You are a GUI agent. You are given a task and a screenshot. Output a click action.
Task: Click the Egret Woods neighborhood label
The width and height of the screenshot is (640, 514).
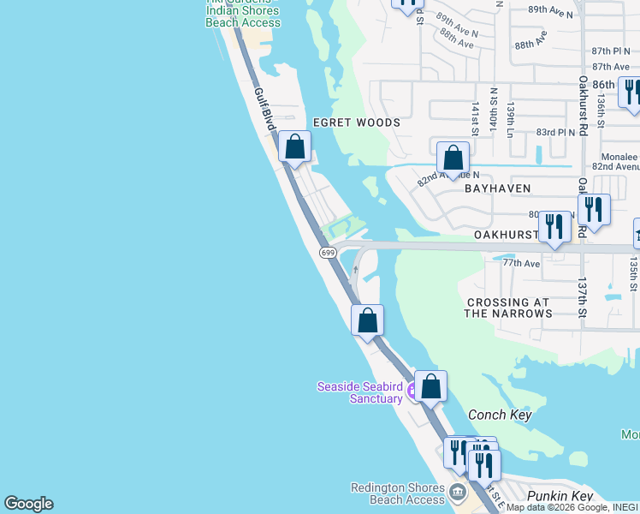point(356,123)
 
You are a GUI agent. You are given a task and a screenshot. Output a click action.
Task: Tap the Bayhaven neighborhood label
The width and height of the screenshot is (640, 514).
point(498,188)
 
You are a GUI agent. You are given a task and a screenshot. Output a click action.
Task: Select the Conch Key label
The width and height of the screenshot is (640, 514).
point(500,415)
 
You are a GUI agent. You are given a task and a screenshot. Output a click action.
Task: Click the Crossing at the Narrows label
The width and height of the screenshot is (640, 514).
point(508,308)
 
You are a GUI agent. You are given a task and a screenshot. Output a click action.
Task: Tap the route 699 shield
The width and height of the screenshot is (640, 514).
point(328,253)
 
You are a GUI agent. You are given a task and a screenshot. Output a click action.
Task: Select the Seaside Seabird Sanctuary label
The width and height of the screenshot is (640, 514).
point(360,392)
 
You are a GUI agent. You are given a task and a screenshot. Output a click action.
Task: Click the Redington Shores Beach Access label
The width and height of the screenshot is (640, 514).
point(398,493)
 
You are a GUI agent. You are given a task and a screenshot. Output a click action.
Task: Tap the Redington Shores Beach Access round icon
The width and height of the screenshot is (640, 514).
point(458,493)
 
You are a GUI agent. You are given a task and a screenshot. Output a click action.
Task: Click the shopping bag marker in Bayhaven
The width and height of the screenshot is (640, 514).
point(453,158)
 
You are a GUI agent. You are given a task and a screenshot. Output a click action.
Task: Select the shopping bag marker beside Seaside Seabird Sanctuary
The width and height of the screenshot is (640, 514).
point(430,386)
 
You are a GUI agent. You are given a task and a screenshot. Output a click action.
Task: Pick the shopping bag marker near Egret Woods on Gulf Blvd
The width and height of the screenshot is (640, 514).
point(295,147)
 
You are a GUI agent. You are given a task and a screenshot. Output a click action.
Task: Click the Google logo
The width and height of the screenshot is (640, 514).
point(28,504)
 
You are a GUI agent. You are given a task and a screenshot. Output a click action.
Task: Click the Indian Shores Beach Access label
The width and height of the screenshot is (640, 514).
point(243,22)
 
